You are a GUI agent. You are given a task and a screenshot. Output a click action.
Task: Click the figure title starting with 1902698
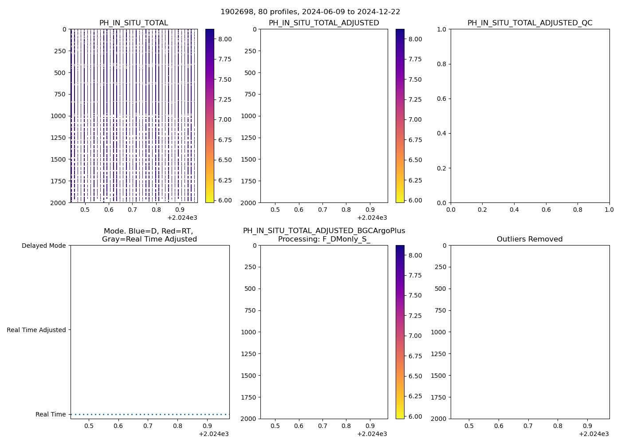310,12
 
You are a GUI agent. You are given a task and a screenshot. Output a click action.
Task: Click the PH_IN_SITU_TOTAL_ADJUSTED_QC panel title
530,23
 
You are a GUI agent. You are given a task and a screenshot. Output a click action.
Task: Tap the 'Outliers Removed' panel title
530,239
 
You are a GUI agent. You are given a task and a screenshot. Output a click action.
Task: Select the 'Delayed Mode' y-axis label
43,246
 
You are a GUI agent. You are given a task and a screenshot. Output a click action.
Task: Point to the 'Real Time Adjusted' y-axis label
36,330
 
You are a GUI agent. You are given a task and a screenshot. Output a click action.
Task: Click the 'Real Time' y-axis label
51,414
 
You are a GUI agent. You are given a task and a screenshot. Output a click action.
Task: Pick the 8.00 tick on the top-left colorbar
225,39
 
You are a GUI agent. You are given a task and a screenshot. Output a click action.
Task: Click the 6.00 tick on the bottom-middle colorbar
415,416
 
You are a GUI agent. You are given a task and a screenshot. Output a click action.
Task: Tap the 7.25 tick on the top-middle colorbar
415,99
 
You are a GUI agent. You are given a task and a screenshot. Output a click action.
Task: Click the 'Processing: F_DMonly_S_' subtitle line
324,239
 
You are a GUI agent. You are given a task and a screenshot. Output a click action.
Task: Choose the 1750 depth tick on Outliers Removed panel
438,397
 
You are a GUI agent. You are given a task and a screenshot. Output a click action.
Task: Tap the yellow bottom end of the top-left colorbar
209,201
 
